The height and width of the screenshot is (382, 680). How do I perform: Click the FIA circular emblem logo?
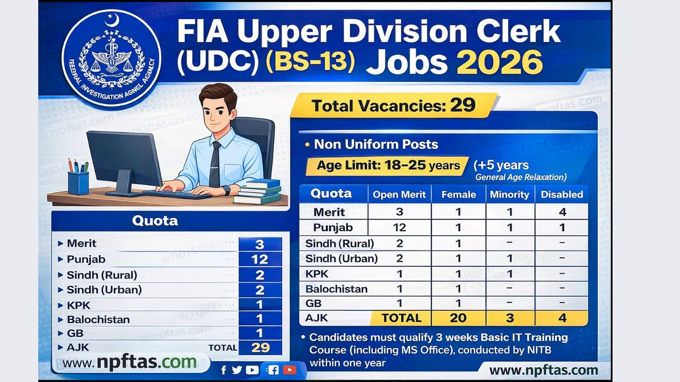tap(111, 58)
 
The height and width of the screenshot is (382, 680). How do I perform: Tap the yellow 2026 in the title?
tap(499, 63)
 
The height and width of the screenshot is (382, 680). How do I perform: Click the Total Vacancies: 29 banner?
tap(393, 106)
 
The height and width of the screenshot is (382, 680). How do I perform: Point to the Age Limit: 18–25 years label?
tap(388, 166)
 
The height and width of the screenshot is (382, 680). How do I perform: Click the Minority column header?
tap(509, 195)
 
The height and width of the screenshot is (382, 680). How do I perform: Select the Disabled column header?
tap(562, 195)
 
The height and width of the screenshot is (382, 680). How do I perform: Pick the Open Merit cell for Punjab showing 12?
tap(399, 228)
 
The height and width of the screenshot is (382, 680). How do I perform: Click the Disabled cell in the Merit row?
tap(562, 212)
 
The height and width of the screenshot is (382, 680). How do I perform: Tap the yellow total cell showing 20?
tap(458, 318)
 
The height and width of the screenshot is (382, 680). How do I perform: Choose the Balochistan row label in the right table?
tap(336, 289)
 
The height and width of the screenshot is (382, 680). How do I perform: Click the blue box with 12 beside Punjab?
tap(260, 259)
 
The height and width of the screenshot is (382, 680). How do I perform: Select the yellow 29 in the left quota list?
tap(260, 348)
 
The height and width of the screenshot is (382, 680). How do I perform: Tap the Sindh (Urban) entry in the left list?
tap(104, 290)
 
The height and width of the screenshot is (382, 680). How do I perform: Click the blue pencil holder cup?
tap(78, 183)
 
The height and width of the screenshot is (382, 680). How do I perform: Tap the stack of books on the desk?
tap(258, 192)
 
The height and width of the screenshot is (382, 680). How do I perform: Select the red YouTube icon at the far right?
tap(290, 370)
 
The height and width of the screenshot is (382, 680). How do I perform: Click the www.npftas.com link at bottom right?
tap(543, 370)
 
